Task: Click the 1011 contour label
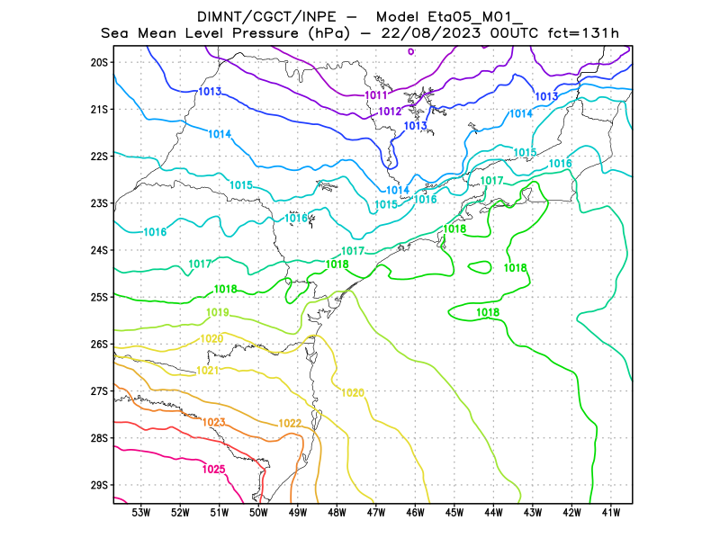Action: point(376,95)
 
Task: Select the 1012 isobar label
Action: point(390,112)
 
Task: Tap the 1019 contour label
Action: point(217,313)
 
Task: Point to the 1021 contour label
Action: point(207,371)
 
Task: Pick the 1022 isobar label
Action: point(290,424)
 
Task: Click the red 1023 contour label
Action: point(214,422)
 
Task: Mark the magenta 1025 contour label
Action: point(213,469)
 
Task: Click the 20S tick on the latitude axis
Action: point(99,62)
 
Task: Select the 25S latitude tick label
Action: point(99,297)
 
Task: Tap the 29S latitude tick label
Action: point(99,485)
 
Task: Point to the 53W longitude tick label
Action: point(140,513)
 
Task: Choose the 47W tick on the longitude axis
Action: point(375,513)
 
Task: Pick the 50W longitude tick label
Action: point(257,513)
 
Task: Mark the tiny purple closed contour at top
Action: point(411,51)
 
